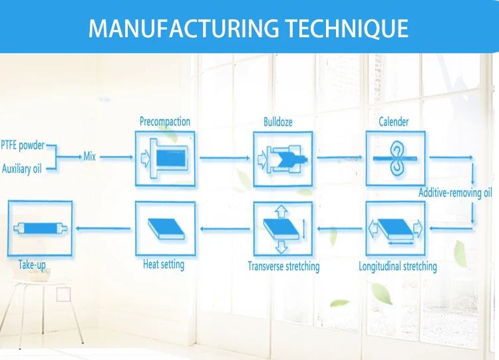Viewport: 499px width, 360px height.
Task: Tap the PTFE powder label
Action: [23, 144]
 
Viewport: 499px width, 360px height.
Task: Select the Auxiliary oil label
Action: [21, 169]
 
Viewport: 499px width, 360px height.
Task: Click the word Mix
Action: [90, 157]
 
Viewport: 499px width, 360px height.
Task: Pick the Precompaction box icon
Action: [165, 158]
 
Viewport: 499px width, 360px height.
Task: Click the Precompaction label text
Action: [165, 122]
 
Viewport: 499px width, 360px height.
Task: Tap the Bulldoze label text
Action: [278, 122]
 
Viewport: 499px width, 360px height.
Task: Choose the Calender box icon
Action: [396, 158]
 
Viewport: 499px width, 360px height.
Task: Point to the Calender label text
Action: [394, 122]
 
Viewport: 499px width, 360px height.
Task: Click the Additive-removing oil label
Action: [455, 194]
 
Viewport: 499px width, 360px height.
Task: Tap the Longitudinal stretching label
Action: [398, 267]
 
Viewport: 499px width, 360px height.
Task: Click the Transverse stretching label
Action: [283, 267]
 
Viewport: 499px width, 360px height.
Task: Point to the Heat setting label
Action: [164, 265]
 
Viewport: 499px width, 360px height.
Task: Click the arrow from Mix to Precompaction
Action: [116, 158]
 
